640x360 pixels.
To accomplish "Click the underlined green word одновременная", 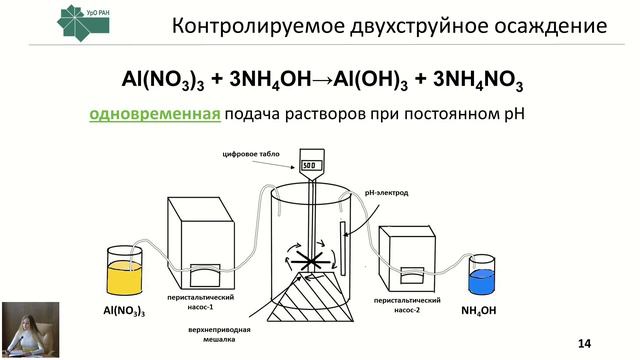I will click(154, 114).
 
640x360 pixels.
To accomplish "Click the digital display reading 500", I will click(310, 164).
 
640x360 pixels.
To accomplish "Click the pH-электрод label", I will click(388, 190).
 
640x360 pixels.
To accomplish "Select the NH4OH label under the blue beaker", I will click(480, 311).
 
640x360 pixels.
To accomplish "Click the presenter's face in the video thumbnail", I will click(21, 319).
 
